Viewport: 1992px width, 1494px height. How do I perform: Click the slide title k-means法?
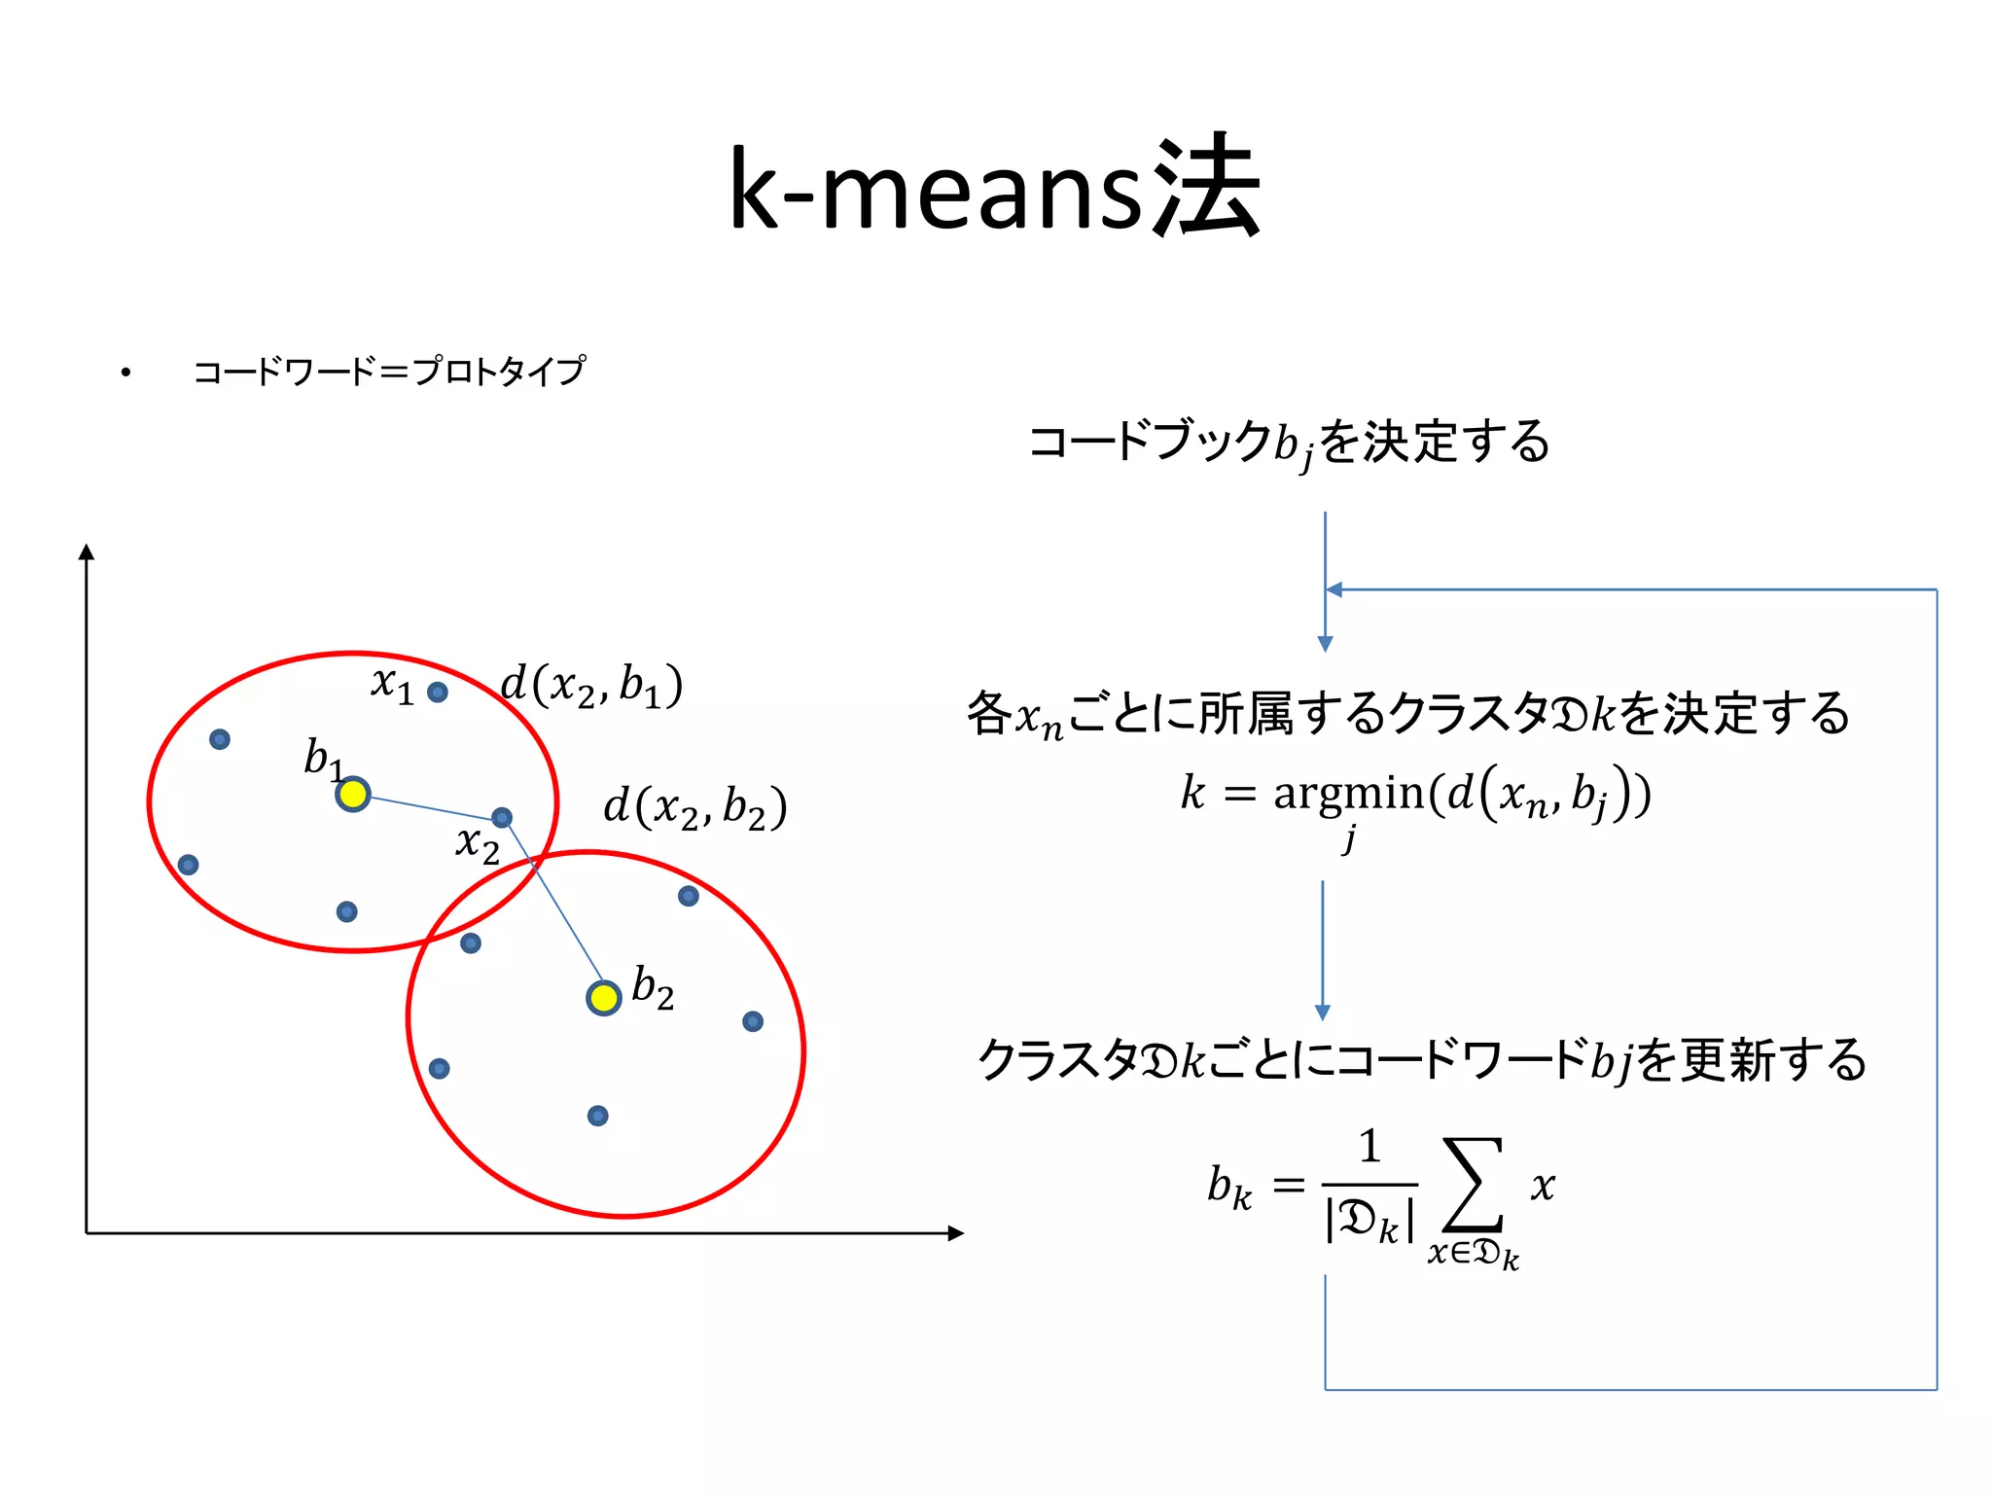point(994,190)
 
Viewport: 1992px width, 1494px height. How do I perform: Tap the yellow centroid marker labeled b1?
point(353,795)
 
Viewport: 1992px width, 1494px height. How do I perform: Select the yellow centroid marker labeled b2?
point(604,998)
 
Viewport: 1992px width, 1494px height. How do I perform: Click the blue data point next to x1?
point(438,693)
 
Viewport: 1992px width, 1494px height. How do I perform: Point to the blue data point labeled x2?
point(502,818)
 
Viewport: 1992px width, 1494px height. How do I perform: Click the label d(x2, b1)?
point(591,685)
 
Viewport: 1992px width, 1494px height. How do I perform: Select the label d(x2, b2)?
point(694,807)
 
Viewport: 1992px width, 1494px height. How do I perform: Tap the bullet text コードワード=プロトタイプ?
point(389,372)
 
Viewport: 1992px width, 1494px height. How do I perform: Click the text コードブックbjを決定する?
point(1289,443)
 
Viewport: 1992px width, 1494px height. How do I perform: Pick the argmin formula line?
point(1415,796)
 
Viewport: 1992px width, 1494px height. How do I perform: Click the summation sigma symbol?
point(1473,1185)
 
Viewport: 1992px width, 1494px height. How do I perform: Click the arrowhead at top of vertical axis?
point(87,551)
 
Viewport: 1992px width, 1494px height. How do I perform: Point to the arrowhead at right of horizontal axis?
point(955,1233)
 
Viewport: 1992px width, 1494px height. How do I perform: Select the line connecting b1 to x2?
point(428,806)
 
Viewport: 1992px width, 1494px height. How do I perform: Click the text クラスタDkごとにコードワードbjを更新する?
point(1421,1060)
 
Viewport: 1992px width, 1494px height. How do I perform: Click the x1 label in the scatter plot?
point(392,684)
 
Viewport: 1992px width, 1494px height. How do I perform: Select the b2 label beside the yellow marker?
point(653,988)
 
